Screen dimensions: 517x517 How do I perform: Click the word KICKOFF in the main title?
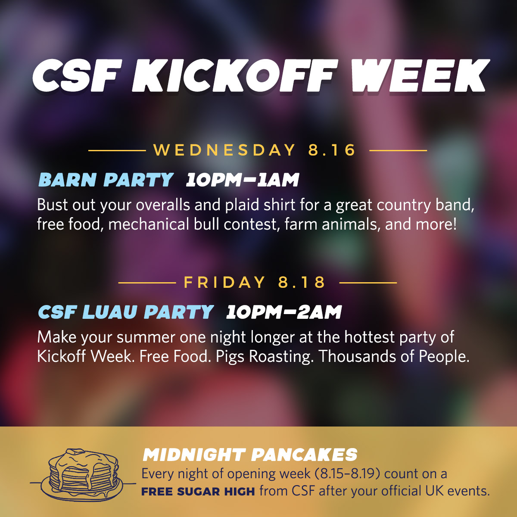click(235, 76)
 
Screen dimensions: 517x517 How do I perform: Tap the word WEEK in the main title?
click(418, 76)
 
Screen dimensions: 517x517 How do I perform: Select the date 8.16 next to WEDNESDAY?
click(332, 150)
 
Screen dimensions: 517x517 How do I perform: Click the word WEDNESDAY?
click(224, 150)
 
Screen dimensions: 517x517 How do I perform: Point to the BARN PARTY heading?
click(106, 180)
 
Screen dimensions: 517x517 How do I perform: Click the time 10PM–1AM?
click(242, 180)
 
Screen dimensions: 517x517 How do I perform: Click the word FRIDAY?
click(224, 282)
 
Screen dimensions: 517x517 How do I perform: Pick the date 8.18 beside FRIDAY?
click(302, 282)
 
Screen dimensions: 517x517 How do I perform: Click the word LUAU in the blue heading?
click(110, 312)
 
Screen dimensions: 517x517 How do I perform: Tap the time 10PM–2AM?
click(283, 312)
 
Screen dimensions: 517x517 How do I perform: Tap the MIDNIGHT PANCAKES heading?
click(250, 455)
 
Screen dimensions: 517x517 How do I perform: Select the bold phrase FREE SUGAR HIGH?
click(198, 492)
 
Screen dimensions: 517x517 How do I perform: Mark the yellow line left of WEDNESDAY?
click(117, 150)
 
